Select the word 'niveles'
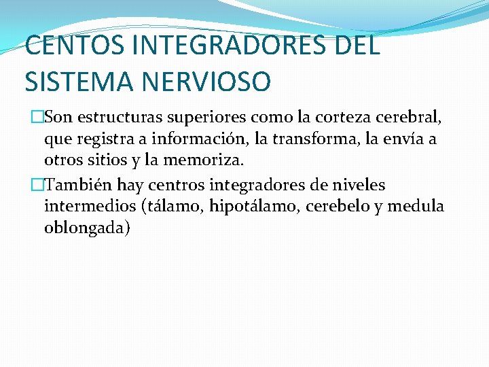click(359, 184)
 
